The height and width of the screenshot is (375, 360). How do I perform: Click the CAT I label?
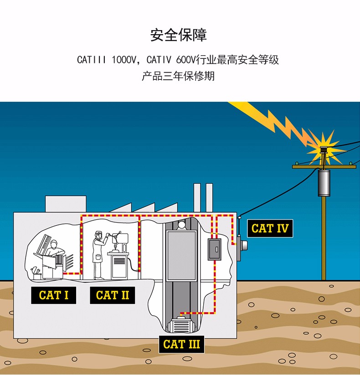click(x=54, y=295)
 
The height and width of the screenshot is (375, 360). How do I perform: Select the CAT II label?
click(x=113, y=295)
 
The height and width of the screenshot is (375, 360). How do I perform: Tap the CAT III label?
click(x=181, y=344)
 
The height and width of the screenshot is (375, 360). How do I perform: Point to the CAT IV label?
click(x=270, y=228)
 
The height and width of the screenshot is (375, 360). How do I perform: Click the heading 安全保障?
click(x=179, y=35)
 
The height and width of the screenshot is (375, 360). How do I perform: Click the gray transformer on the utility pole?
click(x=324, y=183)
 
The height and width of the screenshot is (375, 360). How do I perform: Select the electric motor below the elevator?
click(x=181, y=326)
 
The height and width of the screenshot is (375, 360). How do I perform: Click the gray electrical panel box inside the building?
click(x=214, y=249)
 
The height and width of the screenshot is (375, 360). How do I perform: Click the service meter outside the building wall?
click(x=243, y=245)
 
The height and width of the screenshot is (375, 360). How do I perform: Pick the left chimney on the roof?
click(x=197, y=198)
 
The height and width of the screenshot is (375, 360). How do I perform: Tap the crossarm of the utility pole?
click(x=324, y=167)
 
